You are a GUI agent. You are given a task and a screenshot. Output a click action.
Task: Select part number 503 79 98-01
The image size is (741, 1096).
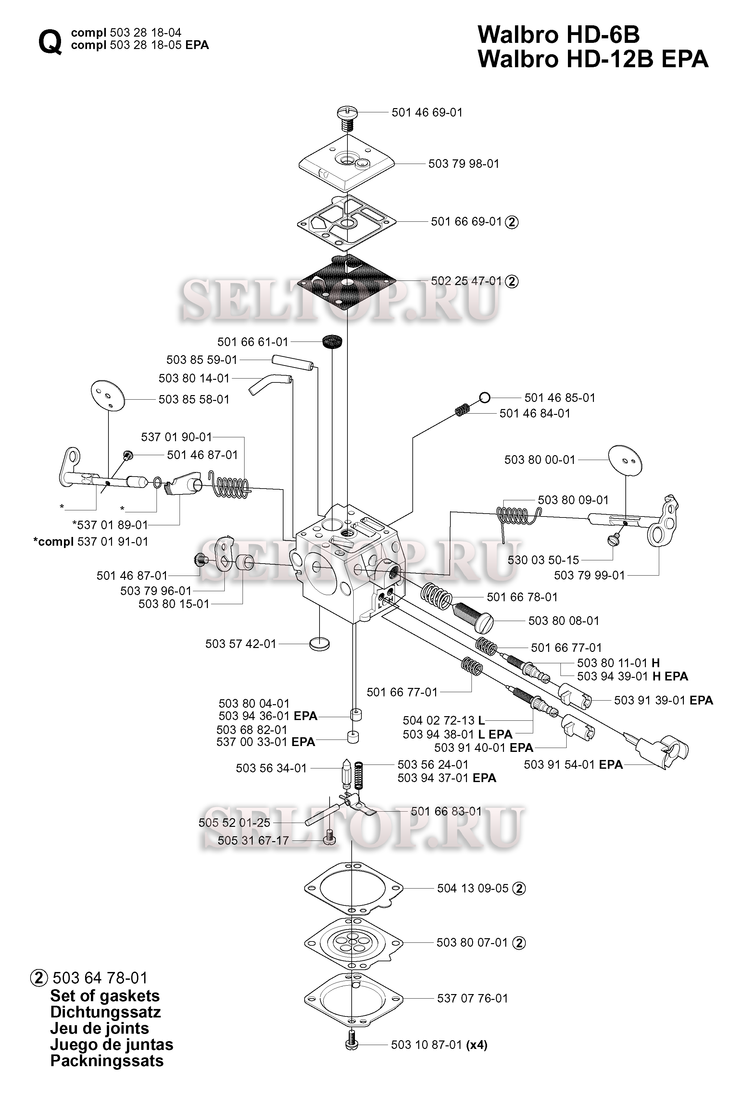[464, 164]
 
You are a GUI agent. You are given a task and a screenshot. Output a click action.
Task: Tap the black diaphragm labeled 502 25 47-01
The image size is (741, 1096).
[347, 281]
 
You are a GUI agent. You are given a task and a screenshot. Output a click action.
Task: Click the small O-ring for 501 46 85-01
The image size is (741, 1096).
[484, 398]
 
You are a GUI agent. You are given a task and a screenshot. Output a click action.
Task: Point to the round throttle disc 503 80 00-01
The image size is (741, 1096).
[625, 460]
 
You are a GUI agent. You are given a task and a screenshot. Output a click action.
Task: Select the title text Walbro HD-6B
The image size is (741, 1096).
[559, 34]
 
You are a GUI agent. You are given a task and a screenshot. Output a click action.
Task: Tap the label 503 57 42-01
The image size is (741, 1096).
[241, 644]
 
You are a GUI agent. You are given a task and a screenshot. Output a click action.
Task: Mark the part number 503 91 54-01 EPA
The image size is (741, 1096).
[573, 765]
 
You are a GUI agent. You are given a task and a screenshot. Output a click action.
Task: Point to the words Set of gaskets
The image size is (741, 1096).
[105, 996]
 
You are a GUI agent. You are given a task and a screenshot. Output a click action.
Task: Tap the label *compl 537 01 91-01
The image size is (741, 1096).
[91, 542]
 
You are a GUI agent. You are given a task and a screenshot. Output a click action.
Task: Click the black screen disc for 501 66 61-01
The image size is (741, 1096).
[333, 341]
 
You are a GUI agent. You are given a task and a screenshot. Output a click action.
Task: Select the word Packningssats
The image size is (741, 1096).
[107, 1061]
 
